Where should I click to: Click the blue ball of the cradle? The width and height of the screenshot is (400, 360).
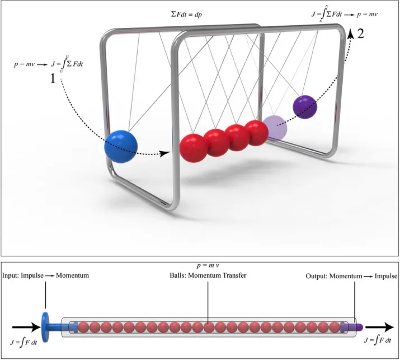coord(121,146)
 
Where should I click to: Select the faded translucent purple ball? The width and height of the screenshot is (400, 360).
coord(274,128)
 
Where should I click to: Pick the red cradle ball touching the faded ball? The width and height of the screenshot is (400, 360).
coord(257,133)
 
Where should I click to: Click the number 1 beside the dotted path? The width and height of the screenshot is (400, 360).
coord(53,79)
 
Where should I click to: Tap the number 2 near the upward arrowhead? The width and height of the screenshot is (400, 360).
coord(360,33)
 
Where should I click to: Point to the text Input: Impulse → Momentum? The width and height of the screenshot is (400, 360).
coord(45,276)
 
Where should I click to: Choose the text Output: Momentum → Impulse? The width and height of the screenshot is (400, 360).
coord(351,276)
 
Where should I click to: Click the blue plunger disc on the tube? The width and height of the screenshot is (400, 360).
coord(44,325)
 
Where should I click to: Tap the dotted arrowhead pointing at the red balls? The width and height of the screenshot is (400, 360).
coord(166,152)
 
